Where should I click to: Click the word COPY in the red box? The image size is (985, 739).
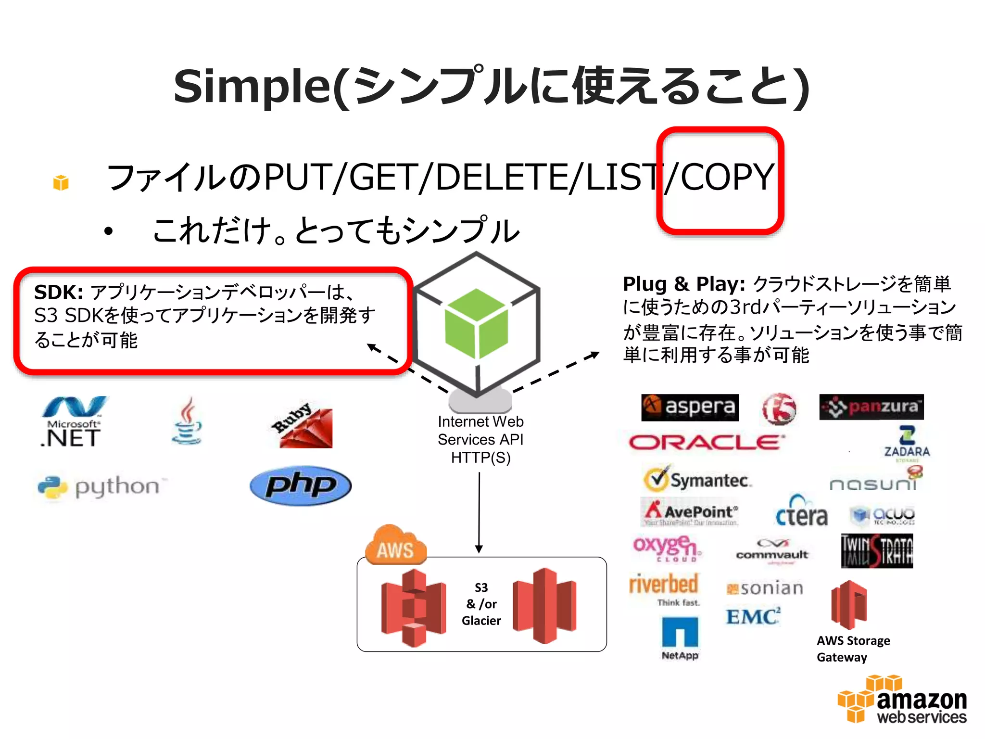coord(727,177)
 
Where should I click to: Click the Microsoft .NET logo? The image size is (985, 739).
coord(73,422)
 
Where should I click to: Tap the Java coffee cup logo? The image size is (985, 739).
coord(187,421)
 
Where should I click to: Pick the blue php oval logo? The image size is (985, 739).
coord(301,485)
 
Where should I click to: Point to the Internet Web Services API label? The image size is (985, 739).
coord(480,439)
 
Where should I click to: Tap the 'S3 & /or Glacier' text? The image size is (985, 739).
coord(481,604)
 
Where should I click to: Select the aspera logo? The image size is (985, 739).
coord(690,408)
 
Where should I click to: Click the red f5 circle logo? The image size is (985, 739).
coord(779,408)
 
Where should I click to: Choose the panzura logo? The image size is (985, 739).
coord(871,407)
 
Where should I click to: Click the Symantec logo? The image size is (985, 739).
coord(697,479)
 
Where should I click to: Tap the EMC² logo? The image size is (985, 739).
coord(753,616)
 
